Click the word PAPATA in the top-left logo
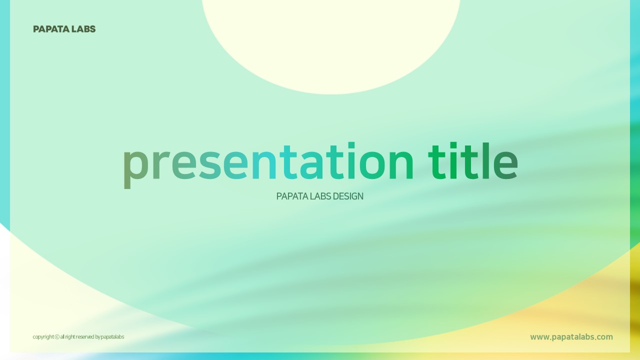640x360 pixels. coord(51,29)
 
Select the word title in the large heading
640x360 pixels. coord(473,161)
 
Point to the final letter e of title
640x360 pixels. coord(505,165)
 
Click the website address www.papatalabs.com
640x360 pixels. coord(571,337)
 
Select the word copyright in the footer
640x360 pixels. coord(43,337)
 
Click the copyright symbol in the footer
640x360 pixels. coord(57,337)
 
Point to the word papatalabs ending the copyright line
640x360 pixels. coord(112,337)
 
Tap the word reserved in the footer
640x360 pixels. coord(85,337)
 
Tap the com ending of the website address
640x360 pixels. coord(604,337)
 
